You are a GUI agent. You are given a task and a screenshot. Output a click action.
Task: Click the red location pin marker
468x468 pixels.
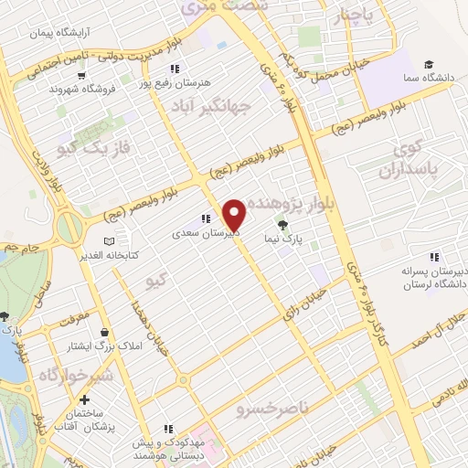(x=235, y=215)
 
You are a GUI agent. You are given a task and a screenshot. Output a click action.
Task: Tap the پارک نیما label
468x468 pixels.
(x=285, y=239)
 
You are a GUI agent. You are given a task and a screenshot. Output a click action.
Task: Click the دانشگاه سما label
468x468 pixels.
(x=438, y=78)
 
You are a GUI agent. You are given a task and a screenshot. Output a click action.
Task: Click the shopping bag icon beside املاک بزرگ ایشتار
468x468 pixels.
(x=108, y=333)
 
